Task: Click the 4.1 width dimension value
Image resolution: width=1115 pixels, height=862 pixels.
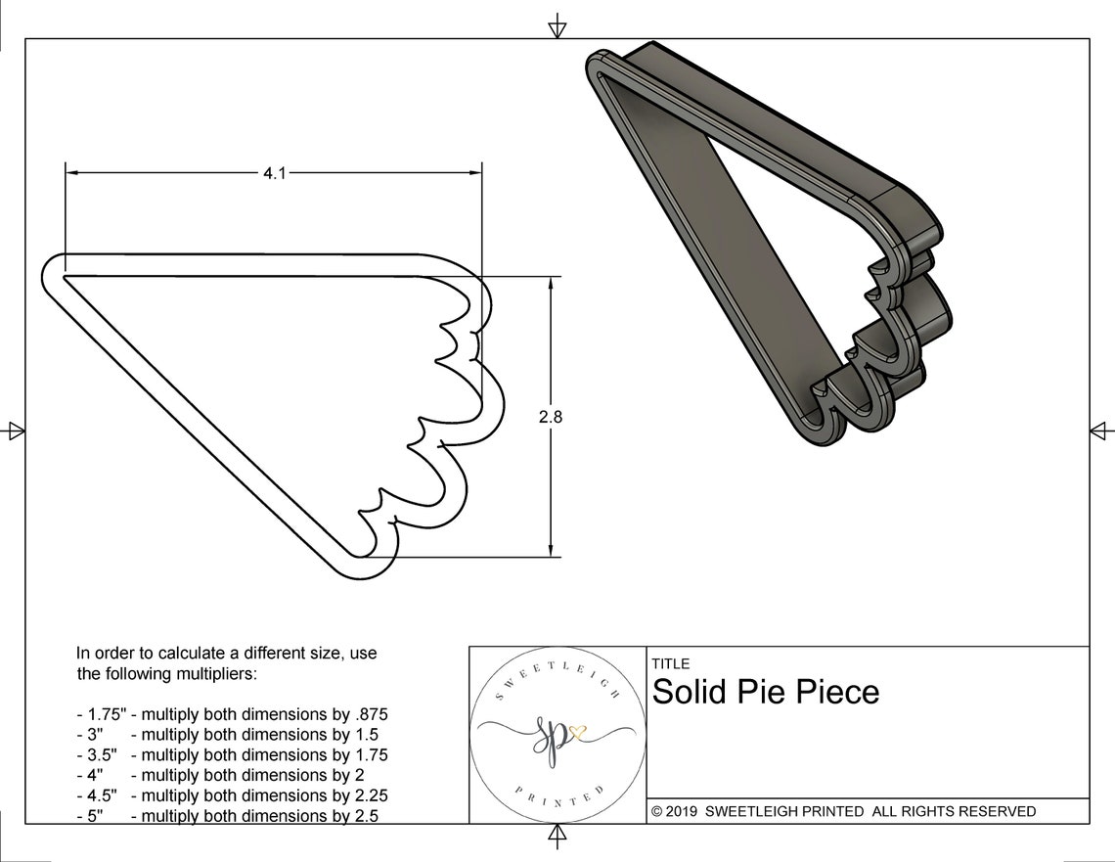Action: click(275, 173)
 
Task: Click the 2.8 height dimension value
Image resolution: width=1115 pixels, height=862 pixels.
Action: click(551, 417)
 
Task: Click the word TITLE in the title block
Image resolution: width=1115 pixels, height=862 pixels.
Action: click(671, 663)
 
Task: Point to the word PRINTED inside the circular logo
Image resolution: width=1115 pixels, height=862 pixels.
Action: click(559, 799)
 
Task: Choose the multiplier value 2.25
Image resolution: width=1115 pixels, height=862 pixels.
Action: click(371, 795)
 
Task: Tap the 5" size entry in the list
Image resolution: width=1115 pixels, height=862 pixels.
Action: click(95, 816)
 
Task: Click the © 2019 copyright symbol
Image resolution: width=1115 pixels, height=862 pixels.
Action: click(657, 811)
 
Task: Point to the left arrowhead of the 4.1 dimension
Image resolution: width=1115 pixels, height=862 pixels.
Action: click(71, 172)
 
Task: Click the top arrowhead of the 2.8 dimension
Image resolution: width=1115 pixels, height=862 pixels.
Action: click(551, 282)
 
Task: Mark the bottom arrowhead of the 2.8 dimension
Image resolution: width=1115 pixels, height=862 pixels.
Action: click(551, 551)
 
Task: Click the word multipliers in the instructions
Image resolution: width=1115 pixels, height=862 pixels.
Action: click(215, 673)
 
